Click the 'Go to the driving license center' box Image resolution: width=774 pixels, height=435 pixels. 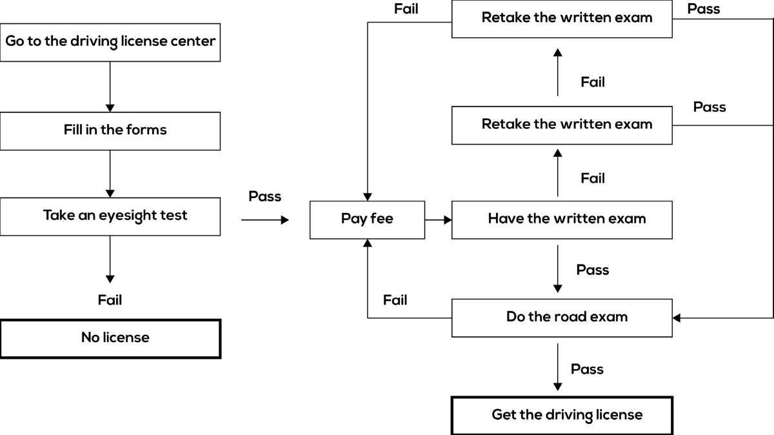coord(110,43)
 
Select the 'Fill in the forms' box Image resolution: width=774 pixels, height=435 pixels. coord(110,131)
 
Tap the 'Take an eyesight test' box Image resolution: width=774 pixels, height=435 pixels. coord(110,217)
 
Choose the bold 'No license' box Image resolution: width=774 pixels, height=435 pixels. coord(110,339)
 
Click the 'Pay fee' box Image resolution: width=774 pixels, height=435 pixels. coord(367,220)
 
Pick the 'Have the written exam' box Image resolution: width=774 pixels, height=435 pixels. coord(562,220)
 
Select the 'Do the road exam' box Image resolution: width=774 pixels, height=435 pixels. coord(562,318)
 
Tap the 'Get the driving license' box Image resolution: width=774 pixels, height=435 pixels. coord(562,416)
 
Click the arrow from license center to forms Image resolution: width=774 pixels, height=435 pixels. coord(110,86)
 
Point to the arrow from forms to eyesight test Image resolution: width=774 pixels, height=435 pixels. coord(110,174)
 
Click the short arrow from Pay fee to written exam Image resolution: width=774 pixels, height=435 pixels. coord(439,220)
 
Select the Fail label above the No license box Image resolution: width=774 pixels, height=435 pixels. coord(110,300)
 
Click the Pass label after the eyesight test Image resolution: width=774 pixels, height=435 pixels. coord(264,196)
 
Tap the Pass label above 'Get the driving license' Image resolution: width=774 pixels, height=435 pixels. coord(587,369)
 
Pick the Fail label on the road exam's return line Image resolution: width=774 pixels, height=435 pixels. coord(395,300)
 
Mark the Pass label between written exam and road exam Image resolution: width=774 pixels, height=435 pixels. coord(593,270)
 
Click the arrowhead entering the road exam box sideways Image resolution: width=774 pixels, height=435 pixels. coord(677,318)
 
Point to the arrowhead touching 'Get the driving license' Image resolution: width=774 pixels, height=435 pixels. coord(558,387)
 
